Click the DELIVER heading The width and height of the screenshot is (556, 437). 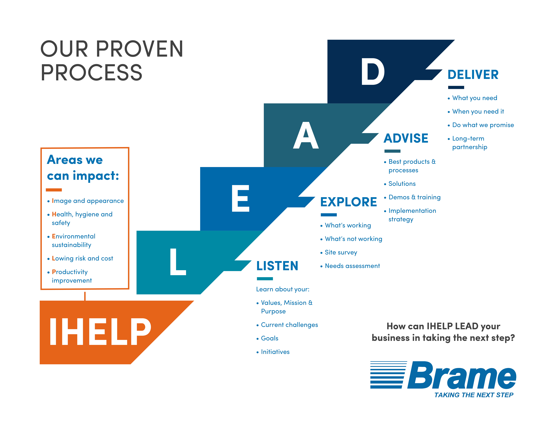pos(473,75)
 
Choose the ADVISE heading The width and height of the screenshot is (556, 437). pos(406,138)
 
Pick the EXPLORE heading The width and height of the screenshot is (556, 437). pos(349,202)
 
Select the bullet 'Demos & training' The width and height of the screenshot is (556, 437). pos(412,197)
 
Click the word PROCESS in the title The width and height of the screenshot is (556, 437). pos(91,73)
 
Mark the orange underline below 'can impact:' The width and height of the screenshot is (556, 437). pos(54,190)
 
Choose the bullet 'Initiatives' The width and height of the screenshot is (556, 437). pos(273,352)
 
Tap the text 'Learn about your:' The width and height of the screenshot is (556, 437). pos(283,289)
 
